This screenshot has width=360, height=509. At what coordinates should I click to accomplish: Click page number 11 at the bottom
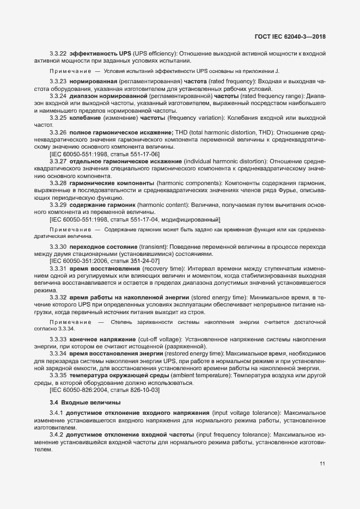click(x=323, y=463)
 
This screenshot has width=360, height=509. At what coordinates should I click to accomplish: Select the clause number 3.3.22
click(x=58, y=53)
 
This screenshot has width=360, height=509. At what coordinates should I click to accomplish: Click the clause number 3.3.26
click(x=58, y=133)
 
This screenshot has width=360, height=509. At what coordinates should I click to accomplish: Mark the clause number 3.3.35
click(x=58, y=376)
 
